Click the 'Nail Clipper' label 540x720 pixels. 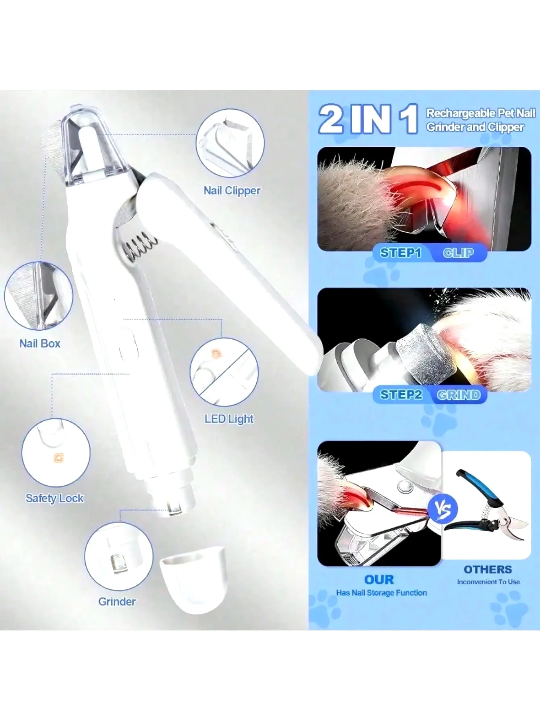(232, 190)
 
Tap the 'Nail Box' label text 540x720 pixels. (40, 343)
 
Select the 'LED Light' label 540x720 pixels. (229, 419)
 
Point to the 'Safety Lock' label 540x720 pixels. (54, 498)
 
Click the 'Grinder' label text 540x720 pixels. (117, 601)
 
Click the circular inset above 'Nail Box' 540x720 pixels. (39, 296)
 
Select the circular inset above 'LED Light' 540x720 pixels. (224, 372)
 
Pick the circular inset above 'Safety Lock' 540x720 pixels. (56, 452)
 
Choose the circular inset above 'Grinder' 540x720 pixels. (118, 556)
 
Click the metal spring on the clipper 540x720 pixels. (140, 246)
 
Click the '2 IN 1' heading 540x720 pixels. (368, 119)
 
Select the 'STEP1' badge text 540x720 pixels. (401, 253)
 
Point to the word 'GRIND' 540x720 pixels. (459, 394)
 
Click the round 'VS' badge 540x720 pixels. (442, 509)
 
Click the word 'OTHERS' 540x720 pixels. (488, 569)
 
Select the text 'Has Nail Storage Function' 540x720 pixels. (381, 593)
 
